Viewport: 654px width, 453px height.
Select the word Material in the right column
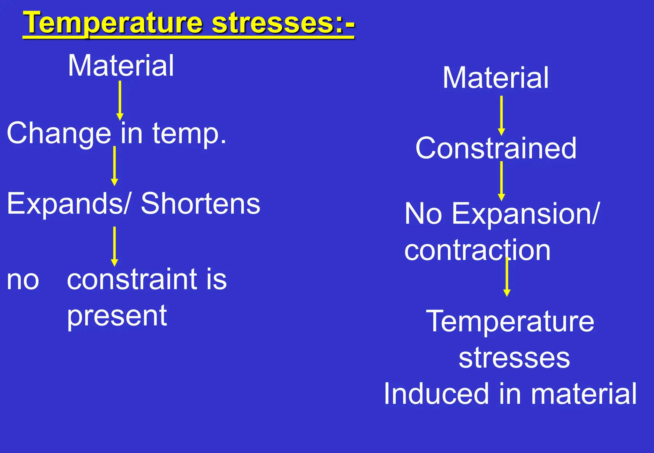pos(496,78)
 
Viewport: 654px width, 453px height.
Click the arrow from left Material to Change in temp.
pos(120,100)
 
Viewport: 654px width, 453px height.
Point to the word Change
pos(59,134)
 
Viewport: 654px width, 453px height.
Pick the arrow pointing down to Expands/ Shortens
pos(114,166)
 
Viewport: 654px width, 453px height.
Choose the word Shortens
pos(201,204)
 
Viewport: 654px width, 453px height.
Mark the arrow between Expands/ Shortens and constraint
pos(114,246)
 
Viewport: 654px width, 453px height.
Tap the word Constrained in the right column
pos(496,148)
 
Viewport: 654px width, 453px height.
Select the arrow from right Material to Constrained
pos(501,116)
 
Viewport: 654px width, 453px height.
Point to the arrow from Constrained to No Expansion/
pos(501,181)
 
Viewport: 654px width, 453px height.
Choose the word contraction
pos(477,250)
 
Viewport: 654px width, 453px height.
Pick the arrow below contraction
pos(507,277)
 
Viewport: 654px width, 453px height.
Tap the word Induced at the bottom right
pos(436,394)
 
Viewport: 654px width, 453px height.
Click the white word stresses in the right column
pos(514,358)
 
